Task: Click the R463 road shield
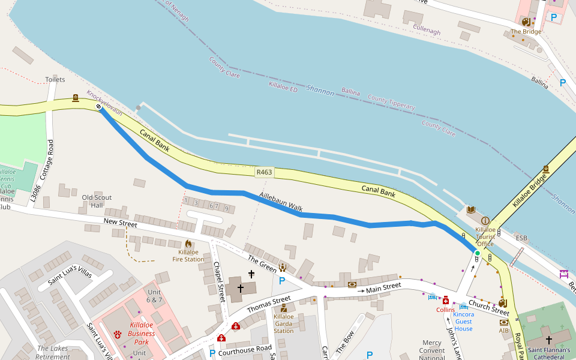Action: click(x=264, y=172)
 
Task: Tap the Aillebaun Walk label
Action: click(x=281, y=202)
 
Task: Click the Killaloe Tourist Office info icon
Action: click(x=485, y=221)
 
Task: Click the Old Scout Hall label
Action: click(x=97, y=201)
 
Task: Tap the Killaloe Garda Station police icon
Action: click(x=283, y=308)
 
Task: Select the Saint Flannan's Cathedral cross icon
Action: click(x=548, y=340)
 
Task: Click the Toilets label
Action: click(x=55, y=79)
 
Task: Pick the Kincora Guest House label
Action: click(x=463, y=321)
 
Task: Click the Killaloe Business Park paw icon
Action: click(x=118, y=334)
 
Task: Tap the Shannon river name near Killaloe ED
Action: click(x=320, y=90)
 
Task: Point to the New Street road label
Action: click(x=120, y=223)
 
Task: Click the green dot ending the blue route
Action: click(x=478, y=253)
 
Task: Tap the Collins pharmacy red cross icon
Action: click(x=445, y=301)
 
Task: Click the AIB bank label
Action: click(x=504, y=331)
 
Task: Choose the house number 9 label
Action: click(x=227, y=209)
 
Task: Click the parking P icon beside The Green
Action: click(x=281, y=280)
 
